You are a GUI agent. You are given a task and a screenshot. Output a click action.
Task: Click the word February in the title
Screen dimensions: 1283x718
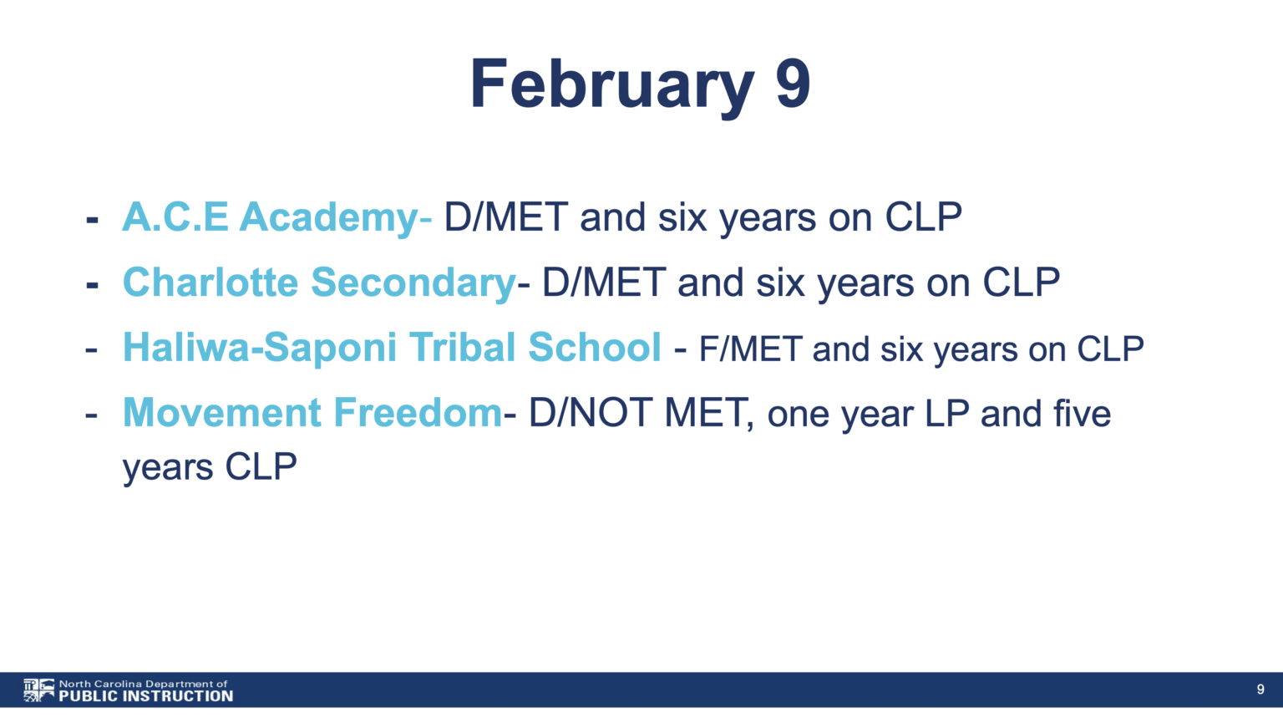tap(611, 85)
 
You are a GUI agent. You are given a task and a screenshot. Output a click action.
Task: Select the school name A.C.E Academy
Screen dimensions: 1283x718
tap(271, 219)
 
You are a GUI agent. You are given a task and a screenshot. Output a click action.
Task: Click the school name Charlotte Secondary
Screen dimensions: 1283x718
tap(319, 283)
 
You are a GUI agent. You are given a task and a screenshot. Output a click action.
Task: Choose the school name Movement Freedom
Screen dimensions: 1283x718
tap(312, 413)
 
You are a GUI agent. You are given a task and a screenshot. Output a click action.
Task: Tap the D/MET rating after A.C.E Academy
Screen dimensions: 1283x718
tap(506, 218)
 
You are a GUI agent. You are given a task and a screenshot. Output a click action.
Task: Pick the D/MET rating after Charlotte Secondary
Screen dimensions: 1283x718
tap(604, 283)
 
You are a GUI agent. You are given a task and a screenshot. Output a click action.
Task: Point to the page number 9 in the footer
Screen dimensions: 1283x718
tap(1260, 690)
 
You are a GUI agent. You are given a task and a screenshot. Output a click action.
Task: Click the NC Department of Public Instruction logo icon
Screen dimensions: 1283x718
tap(39, 690)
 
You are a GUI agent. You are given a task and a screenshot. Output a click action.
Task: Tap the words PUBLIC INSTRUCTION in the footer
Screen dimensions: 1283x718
tap(146, 696)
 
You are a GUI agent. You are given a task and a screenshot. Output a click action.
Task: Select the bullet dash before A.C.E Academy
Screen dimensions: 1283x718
tap(92, 220)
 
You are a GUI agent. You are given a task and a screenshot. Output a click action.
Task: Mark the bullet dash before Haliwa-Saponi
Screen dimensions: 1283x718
tap(92, 349)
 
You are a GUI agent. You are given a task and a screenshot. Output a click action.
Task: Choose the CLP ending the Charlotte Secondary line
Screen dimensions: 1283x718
tap(1022, 283)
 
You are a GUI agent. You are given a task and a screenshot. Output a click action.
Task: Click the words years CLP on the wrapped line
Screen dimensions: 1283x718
tap(210, 468)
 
